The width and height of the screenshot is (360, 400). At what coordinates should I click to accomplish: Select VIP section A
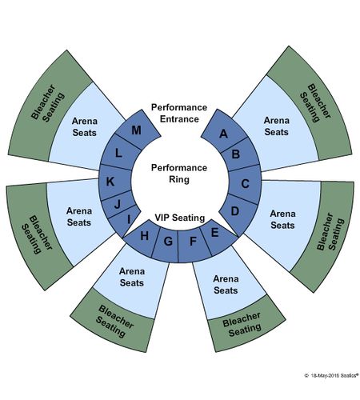click(223, 133)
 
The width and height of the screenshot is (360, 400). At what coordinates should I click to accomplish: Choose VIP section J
click(118, 204)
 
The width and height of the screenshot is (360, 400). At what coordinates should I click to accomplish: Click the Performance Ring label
click(179, 174)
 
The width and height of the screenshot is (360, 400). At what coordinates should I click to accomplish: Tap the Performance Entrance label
click(179, 113)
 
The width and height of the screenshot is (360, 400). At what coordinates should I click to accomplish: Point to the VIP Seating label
click(180, 218)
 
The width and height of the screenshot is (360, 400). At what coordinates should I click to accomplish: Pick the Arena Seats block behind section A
click(276, 126)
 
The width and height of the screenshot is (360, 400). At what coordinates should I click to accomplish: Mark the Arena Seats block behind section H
click(132, 278)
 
